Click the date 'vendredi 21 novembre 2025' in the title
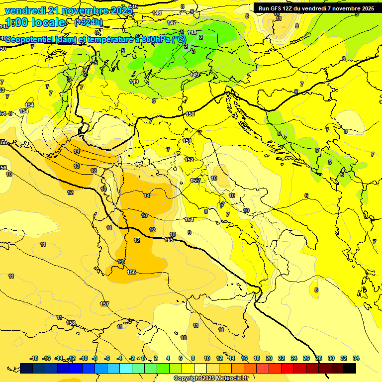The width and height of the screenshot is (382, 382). coord(69,10)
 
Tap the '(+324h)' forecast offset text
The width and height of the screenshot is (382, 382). coord(88,22)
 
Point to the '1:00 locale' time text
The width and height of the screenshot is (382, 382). coord(35,22)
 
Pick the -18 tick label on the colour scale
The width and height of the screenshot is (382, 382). coord(34,358)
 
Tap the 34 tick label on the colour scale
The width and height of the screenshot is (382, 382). coord(356,358)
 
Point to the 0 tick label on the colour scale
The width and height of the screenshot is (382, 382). coord(143,358)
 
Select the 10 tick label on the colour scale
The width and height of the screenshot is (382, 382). coord(206,358)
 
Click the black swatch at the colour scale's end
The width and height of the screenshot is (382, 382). coord(350,368)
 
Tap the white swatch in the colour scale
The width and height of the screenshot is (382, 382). coord(201,368)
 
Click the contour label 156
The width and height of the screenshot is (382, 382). coord(132,272)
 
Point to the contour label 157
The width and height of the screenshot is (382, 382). coord(104,304)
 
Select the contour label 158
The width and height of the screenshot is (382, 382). coord(71,323)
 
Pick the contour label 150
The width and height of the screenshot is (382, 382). coord(190,114)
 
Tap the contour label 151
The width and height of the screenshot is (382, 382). coord(187,141)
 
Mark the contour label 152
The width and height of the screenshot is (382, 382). coord(189,160)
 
